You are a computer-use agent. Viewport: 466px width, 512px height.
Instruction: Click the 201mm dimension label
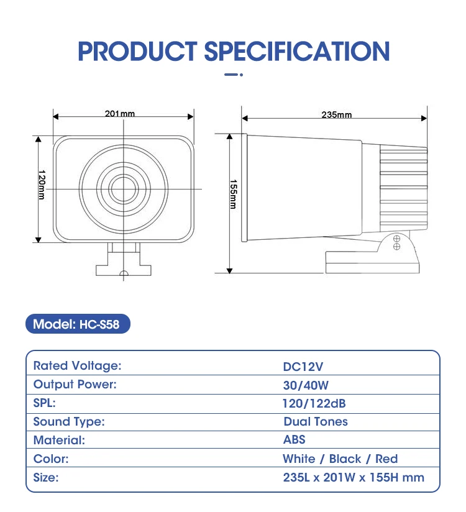[119, 114]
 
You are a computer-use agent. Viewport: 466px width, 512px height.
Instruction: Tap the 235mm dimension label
[336, 114]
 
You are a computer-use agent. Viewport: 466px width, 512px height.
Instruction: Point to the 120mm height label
[42, 185]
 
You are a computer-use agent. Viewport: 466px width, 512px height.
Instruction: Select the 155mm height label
[233, 194]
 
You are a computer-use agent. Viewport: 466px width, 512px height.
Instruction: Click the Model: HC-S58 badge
[78, 324]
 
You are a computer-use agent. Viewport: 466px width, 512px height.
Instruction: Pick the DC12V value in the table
[303, 367]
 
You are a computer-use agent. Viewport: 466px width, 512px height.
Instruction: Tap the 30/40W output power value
[306, 385]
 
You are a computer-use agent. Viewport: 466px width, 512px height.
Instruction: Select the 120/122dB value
[314, 404]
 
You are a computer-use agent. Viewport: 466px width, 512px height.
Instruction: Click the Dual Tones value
[316, 421]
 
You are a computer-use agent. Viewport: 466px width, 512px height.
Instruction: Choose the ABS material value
[295, 439]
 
